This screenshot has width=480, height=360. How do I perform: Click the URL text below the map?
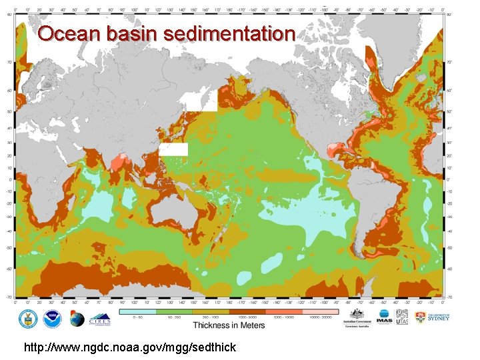[x=129, y=347]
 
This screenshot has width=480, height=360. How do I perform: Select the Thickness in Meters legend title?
[x=229, y=325]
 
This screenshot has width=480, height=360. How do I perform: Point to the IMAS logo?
[x=385, y=317]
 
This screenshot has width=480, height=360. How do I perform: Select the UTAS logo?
[x=403, y=317]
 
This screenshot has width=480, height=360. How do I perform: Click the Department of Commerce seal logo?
[x=27, y=318]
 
